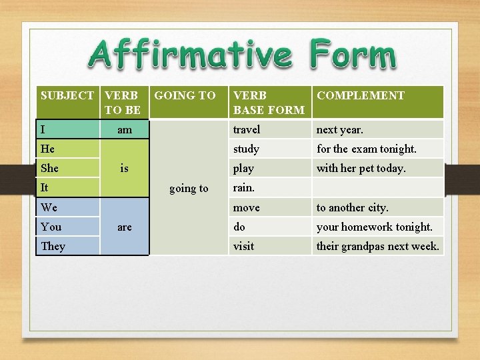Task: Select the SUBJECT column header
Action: pos(67,95)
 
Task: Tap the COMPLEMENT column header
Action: pos(361,95)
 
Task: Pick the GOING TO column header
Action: pos(185,95)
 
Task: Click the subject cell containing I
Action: pos(43,129)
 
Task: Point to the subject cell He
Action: pos(47,149)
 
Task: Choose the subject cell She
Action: pos(49,168)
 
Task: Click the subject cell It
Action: pos(45,188)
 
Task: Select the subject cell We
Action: pos(49,207)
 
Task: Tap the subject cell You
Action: pos(51,227)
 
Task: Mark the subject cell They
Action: pos(53,246)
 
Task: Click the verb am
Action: pos(125,130)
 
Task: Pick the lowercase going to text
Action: pos(189,189)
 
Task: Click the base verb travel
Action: pos(247,129)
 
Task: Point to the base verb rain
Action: pos(244,187)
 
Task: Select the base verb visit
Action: pos(243,246)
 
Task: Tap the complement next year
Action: pos(340,129)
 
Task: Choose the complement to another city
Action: pos(352,207)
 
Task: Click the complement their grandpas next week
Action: pos(377,246)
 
